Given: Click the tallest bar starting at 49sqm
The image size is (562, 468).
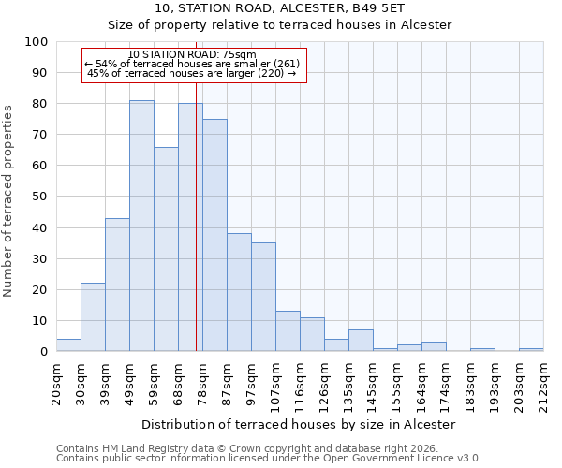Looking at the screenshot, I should (x=141, y=226).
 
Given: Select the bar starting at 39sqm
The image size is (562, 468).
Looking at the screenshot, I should (x=117, y=285).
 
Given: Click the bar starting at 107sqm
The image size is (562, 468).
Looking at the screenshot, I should (x=288, y=331).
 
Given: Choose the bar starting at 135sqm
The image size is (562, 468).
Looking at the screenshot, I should (x=361, y=341).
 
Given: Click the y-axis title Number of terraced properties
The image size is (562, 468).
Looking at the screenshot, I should (x=8, y=201).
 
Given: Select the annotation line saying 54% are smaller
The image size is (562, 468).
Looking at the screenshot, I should (x=192, y=64).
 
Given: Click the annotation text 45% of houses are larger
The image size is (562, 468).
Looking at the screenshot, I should (x=191, y=73).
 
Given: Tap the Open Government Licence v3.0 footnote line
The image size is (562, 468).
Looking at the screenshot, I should (x=269, y=458).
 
